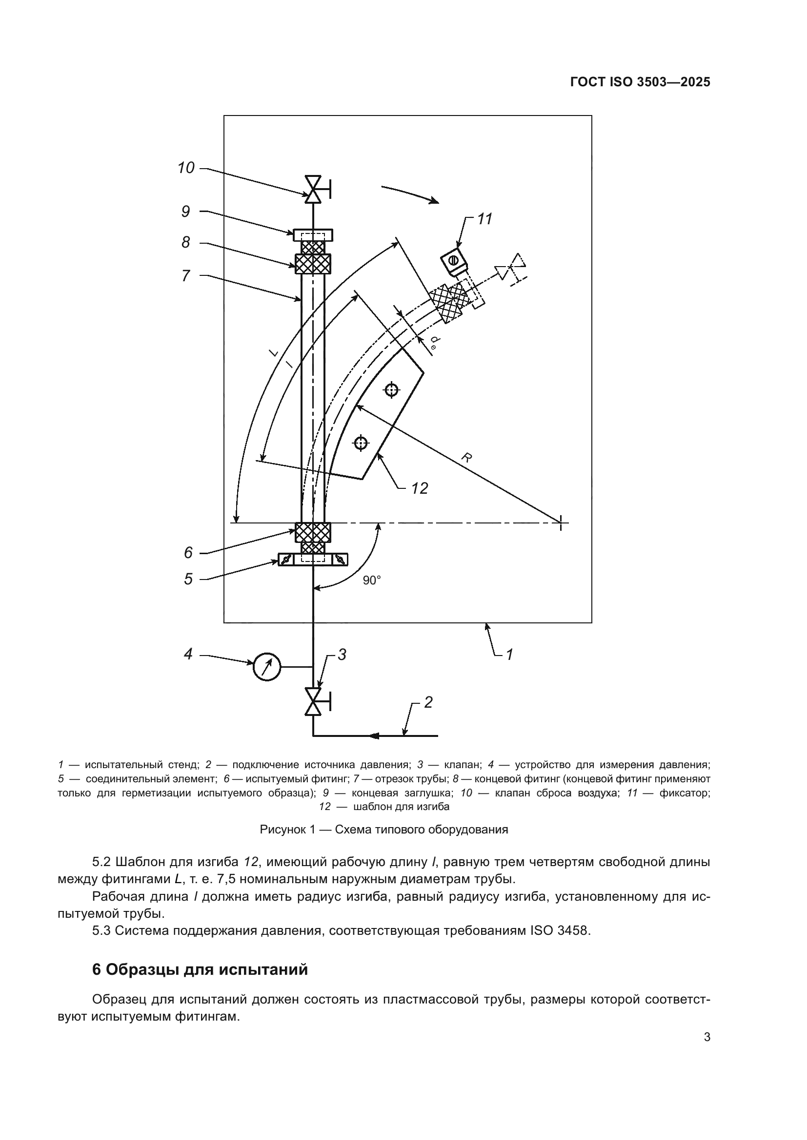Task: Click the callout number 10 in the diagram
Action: (x=186, y=168)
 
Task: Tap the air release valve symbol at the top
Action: (x=313, y=189)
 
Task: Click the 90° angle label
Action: (x=371, y=580)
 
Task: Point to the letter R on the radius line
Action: (x=465, y=457)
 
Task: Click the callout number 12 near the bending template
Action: (x=420, y=488)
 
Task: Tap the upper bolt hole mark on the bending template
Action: (x=392, y=390)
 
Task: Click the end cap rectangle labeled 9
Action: (x=313, y=235)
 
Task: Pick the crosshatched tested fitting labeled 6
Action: (x=313, y=532)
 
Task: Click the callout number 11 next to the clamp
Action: (x=484, y=219)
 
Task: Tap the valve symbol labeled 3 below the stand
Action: (x=313, y=702)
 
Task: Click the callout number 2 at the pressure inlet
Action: (x=428, y=702)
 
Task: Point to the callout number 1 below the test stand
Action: (x=509, y=655)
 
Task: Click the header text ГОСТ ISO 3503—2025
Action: (x=640, y=82)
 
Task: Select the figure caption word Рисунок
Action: (x=280, y=829)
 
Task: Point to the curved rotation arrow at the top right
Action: (x=410, y=194)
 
